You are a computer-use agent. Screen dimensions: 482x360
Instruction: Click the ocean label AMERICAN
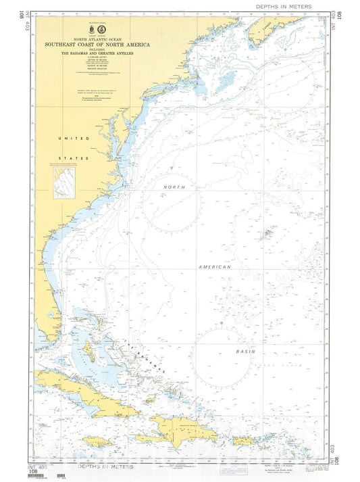(x=215, y=267)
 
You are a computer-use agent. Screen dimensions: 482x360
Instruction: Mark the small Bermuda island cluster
(x=268, y=234)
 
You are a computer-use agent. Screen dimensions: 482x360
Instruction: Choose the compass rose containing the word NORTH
(x=172, y=201)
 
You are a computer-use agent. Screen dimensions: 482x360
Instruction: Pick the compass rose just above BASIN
(x=220, y=354)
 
